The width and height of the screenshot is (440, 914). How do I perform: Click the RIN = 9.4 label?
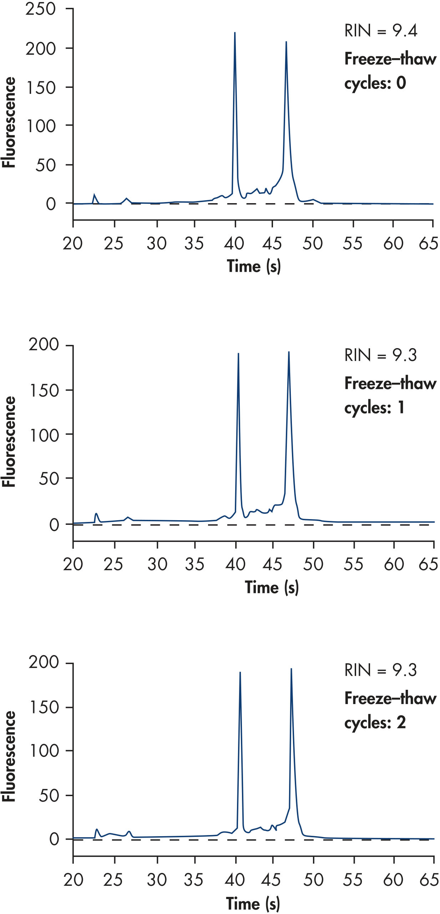click(380, 31)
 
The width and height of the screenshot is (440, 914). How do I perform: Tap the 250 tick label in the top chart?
click(41, 9)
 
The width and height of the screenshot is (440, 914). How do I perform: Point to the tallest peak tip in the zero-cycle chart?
click(234, 33)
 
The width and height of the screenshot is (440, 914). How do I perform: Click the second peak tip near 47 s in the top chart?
click(286, 42)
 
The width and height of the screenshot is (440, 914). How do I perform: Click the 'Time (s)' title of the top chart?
click(254, 266)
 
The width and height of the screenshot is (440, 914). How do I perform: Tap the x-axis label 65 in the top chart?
click(428, 243)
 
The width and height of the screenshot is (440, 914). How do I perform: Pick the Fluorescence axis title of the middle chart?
click(9, 442)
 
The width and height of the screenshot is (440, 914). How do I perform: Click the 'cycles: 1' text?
click(374, 407)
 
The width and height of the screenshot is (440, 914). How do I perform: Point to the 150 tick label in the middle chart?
click(44, 391)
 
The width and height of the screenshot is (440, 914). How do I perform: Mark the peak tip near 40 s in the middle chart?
click(238, 354)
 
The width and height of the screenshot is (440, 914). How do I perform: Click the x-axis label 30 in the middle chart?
click(157, 564)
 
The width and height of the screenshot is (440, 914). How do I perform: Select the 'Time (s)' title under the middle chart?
click(272, 587)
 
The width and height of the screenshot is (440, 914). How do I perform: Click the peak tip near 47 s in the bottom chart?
click(291, 669)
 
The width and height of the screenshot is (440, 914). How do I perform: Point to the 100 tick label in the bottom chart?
click(44, 751)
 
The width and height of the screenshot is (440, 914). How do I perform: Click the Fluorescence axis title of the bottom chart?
click(9, 757)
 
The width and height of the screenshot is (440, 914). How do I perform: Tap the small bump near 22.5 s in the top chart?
click(94, 195)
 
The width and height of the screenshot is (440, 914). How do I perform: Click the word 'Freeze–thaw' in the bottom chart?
click(390, 698)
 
